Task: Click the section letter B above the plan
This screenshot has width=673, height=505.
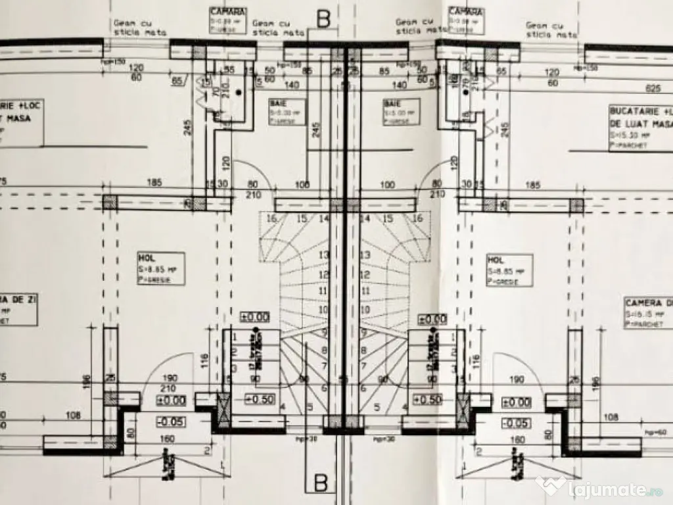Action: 323,19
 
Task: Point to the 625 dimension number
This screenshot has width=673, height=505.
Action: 653,88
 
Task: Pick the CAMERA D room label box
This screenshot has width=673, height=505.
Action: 648,313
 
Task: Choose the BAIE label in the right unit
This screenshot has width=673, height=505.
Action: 392,104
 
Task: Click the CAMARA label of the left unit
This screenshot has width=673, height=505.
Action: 228,12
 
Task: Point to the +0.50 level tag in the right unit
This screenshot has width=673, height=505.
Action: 427,399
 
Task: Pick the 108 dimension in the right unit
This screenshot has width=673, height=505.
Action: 611,416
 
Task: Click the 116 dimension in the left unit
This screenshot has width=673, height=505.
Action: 204,359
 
